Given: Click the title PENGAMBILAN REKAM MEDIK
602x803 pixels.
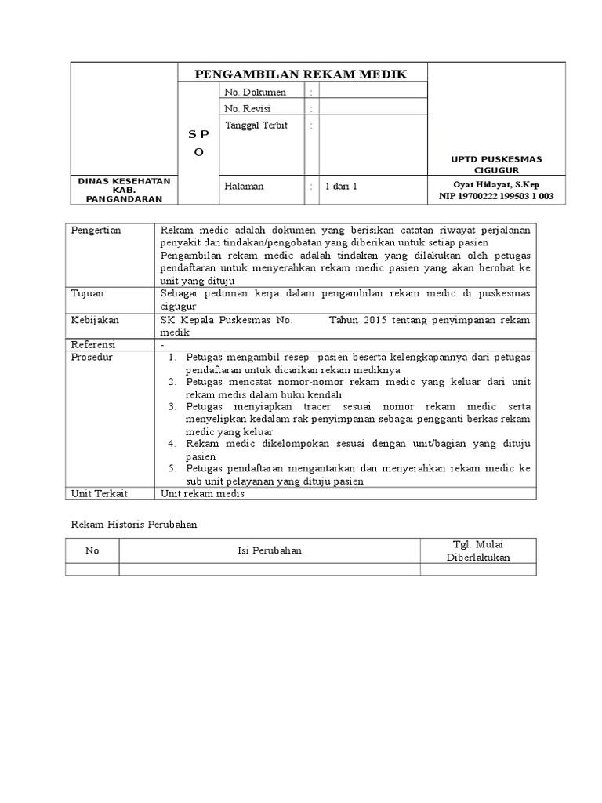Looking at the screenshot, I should click(301, 74).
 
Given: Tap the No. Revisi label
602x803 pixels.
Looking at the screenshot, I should click(248, 108).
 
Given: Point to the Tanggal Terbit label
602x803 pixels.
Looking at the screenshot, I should click(256, 125).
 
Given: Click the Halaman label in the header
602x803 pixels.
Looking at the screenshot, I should click(245, 187).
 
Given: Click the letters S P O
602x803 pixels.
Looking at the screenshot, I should click(198, 144).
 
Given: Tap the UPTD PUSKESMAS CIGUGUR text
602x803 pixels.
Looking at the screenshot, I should click(495, 164).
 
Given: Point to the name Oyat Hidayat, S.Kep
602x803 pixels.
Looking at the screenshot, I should click(496, 184).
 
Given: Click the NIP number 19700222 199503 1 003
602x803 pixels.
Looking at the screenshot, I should click(496, 196).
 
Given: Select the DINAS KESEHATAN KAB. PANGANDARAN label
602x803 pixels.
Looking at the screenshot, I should click(125, 190).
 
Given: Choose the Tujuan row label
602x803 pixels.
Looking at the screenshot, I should click(88, 292).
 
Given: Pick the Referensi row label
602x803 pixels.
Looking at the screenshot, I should click(93, 344).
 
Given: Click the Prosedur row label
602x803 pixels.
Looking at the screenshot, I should click(92, 357).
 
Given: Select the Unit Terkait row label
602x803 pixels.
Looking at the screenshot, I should click(99, 493).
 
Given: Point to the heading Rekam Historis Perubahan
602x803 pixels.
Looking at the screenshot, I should click(134, 525).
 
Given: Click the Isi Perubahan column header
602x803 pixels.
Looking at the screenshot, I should click(270, 550).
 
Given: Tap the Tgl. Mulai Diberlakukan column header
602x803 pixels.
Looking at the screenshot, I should click(478, 550).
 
